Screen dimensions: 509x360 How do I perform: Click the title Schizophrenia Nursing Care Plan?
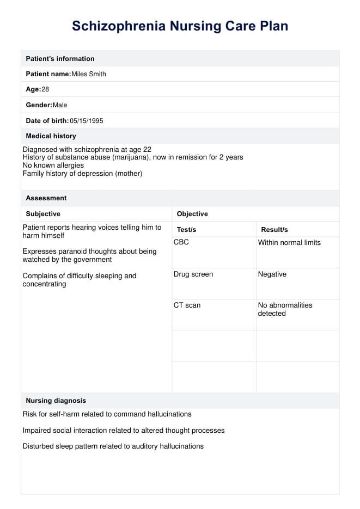180,26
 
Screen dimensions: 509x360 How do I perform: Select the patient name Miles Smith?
89,74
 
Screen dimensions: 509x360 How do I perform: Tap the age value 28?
45,89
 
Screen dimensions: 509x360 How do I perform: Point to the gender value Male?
60,105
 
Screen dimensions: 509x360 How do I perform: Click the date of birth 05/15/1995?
87,120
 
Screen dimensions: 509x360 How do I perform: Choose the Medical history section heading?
51,136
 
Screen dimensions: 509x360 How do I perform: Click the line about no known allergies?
53,165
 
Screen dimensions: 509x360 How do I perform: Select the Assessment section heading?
46,198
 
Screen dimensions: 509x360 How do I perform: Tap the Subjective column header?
43,214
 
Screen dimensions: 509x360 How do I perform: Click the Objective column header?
192,214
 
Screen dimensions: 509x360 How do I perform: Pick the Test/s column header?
186,230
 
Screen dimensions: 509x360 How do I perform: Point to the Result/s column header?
274,230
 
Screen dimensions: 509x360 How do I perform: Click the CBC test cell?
181,242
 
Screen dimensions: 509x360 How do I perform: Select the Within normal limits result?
289,242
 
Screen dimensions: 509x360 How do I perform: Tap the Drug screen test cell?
193,274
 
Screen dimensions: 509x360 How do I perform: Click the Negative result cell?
272,274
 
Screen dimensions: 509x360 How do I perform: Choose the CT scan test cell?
187,305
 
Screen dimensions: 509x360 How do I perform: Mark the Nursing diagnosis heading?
56,401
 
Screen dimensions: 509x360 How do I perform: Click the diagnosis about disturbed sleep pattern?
113,446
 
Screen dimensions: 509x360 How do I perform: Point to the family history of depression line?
82,173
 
